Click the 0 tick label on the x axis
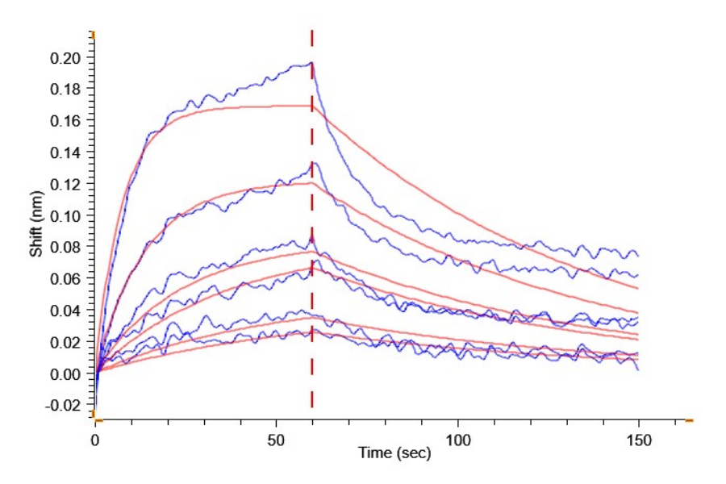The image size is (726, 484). tap(95, 440)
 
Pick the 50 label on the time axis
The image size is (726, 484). tap(277, 440)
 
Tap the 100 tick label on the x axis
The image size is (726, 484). tap(457, 440)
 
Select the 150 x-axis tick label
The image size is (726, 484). tap(639, 440)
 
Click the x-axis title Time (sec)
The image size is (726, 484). tap(394, 453)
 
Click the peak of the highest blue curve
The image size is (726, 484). tap(311, 63)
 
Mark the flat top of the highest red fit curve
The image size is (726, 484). tap(282, 106)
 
